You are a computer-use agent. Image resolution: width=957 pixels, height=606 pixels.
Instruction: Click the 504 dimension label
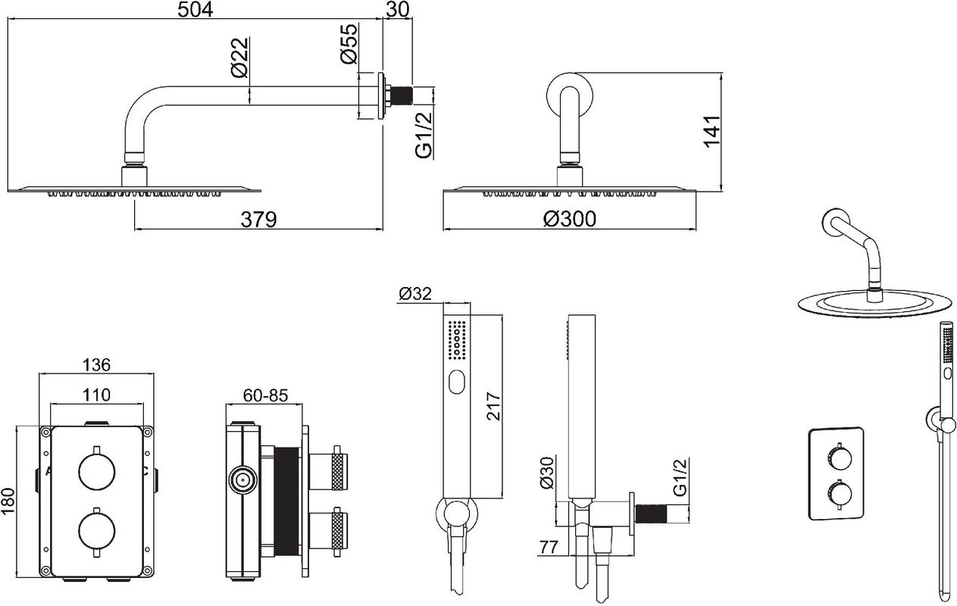195,10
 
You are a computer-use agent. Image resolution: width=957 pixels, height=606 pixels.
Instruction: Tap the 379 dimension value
259,220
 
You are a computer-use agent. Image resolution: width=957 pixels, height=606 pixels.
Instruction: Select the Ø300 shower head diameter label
570,219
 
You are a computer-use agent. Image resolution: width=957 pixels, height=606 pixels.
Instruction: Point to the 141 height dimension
712,132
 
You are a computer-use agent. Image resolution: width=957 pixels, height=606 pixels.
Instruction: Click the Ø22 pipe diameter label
239,58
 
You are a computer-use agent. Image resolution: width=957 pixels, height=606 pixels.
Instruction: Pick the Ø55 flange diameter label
349,44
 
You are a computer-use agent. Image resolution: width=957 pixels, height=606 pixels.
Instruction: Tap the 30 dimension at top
398,10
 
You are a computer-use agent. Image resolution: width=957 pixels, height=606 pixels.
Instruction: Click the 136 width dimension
96,365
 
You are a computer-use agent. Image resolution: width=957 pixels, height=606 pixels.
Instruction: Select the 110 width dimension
96,395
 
